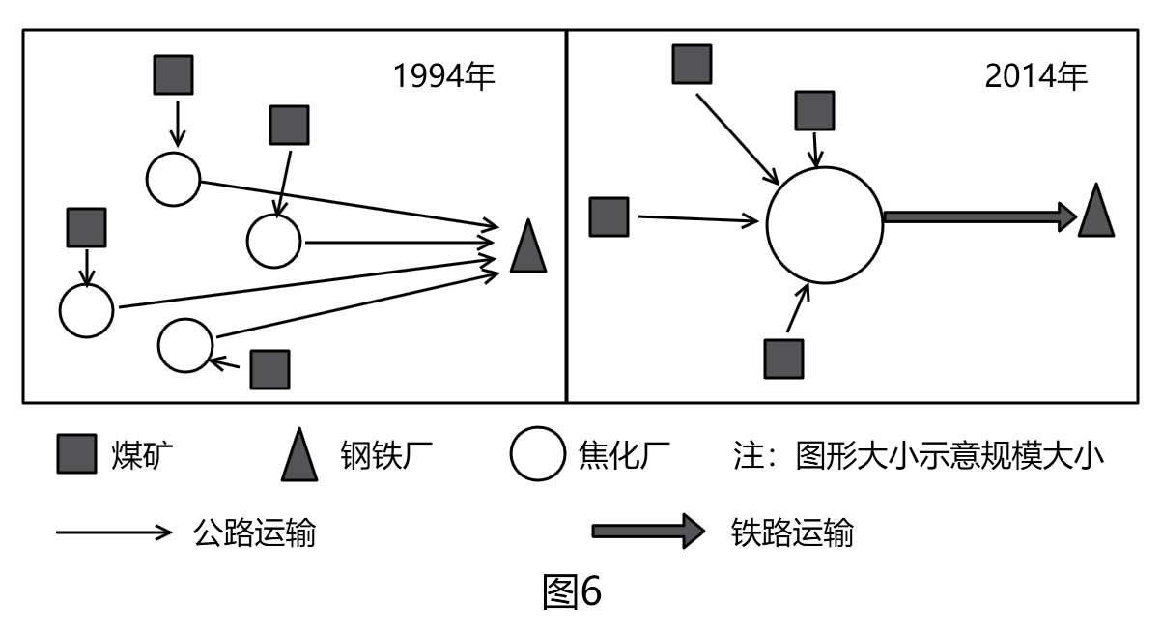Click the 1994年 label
click(x=443, y=76)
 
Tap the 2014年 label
click(x=1035, y=76)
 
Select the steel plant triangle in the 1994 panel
click(x=528, y=247)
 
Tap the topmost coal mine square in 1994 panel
click(x=174, y=74)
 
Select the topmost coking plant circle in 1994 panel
click(x=173, y=178)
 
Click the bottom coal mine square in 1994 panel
click(x=269, y=368)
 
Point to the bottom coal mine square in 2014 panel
click(x=783, y=359)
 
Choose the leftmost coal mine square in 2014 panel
click(x=609, y=216)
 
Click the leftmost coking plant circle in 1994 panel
click(x=86, y=310)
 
